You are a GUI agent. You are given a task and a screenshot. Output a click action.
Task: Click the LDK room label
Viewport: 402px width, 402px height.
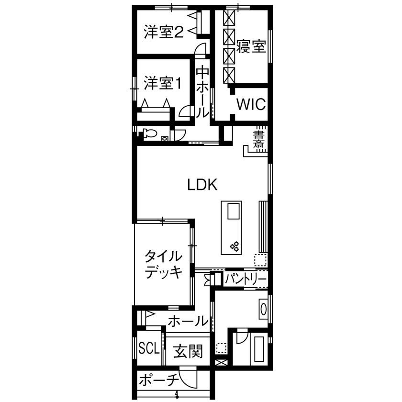coord(202,185)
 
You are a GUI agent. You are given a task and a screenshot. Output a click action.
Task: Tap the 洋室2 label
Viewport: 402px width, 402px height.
coord(163,32)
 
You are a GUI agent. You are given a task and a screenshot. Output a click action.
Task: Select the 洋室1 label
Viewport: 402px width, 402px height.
coord(163,84)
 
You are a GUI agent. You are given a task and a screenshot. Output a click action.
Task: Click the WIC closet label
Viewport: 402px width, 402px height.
coord(251,104)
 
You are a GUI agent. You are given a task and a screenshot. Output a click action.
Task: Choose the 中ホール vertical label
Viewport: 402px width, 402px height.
coord(202,92)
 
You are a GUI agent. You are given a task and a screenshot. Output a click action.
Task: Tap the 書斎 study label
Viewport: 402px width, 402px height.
coord(259,139)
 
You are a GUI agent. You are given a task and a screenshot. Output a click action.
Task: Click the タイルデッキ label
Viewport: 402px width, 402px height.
coord(163,264)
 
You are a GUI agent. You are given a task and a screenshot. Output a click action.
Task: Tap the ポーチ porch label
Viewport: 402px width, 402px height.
coord(159,380)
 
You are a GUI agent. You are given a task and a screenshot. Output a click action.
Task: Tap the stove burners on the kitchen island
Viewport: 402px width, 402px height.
coord(235,247)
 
